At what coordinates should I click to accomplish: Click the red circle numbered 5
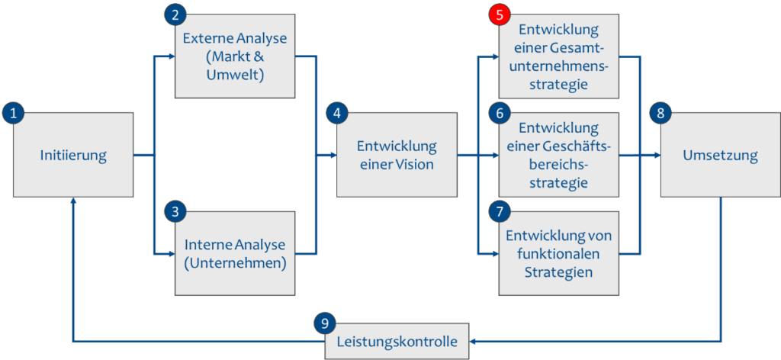tap(499, 14)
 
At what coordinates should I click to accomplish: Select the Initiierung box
tap(73, 156)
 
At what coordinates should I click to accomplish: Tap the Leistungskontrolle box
tap(397, 342)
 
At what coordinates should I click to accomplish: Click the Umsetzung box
tap(720, 156)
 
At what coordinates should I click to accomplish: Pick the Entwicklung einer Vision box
tap(397, 156)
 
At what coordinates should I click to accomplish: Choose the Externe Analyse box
tap(235, 56)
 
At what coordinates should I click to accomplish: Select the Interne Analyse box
tap(235, 255)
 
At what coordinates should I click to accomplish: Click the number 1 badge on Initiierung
tap(13, 113)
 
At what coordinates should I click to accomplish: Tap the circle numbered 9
tap(325, 323)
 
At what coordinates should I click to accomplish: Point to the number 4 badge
tap(336, 113)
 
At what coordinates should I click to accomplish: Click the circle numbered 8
tap(660, 113)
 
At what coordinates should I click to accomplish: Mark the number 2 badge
tap(175, 14)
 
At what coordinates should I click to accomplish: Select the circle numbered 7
tap(499, 211)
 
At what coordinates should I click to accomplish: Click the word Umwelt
tap(235, 76)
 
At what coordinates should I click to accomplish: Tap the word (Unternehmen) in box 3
tap(235, 264)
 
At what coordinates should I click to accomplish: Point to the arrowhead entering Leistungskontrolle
tap(473, 341)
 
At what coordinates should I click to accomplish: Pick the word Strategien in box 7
tap(558, 272)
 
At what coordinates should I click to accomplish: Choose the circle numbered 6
tap(499, 113)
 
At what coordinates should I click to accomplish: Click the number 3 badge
tap(175, 211)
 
